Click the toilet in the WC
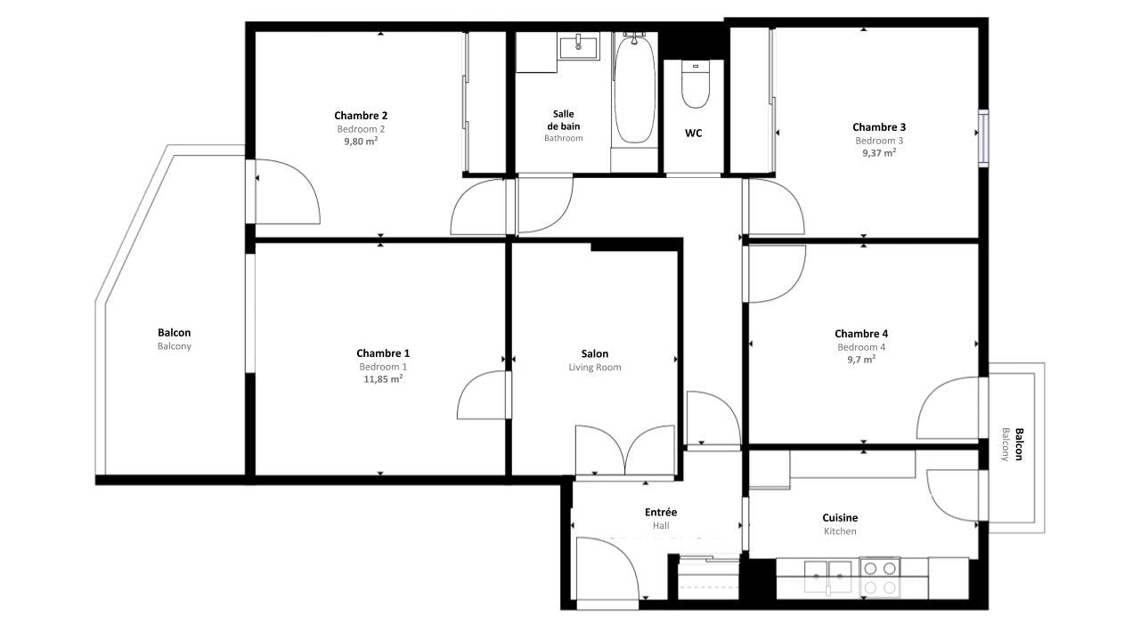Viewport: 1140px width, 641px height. (x=694, y=84)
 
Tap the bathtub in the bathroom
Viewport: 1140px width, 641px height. (x=633, y=89)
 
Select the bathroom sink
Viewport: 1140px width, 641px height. (x=579, y=45)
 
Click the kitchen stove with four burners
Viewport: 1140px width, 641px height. (x=879, y=577)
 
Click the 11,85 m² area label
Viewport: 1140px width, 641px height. (x=382, y=378)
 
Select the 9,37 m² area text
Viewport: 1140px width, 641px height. (x=878, y=152)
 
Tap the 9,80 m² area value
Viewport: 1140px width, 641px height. (x=361, y=141)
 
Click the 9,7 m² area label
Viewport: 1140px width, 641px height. (x=860, y=359)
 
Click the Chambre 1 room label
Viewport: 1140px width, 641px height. (x=383, y=353)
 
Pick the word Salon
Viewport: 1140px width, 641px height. (x=595, y=353)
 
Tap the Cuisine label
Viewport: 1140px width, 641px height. (x=840, y=517)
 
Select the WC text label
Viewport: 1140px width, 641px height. (x=694, y=134)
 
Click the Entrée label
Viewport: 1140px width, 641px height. (x=661, y=512)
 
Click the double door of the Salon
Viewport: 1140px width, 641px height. (x=625, y=451)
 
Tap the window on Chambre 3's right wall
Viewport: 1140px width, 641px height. (x=983, y=138)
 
